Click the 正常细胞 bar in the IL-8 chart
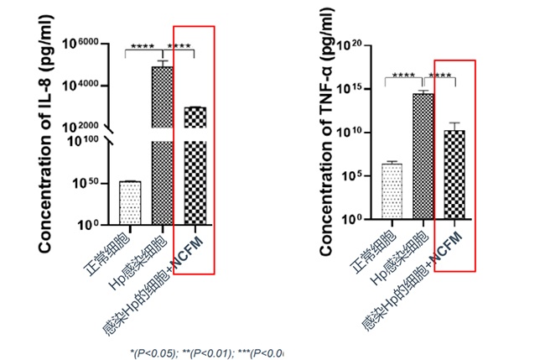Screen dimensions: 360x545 [130, 202]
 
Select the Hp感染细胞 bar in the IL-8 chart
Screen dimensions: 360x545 [162, 143]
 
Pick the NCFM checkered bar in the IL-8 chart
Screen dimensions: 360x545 [194, 168]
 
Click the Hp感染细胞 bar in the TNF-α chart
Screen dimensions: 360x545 [423, 155]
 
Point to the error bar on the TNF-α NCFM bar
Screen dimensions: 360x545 [454, 127]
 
